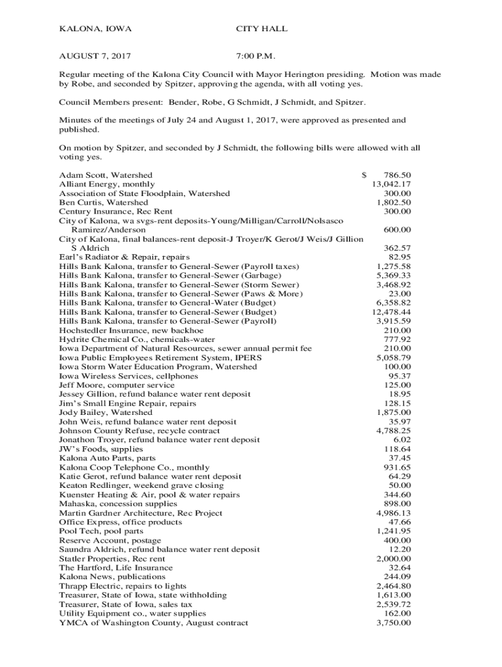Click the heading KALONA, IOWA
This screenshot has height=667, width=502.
[95, 29]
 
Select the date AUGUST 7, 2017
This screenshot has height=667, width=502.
[98, 57]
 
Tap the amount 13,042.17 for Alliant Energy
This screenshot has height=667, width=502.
[391, 184]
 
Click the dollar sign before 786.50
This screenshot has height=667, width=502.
[364, 175]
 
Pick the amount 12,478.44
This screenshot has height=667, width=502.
[391, 312]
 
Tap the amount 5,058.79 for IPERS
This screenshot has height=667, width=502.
[394, 358]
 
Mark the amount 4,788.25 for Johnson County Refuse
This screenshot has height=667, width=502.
[394, 431]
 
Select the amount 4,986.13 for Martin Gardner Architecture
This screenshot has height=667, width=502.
[394, 513]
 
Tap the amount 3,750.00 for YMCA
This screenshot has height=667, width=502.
[394, 623]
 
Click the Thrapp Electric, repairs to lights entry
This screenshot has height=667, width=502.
[123, 586]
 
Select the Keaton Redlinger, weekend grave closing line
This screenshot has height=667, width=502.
[141, 485]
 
